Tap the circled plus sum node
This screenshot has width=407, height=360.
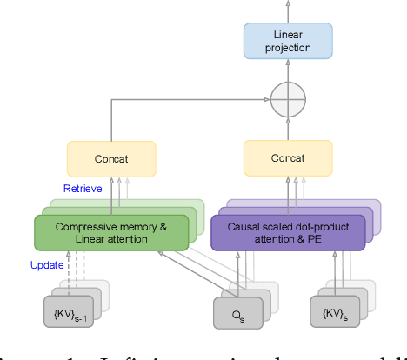(286, 102)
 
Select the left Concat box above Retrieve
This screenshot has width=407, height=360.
(110, 159)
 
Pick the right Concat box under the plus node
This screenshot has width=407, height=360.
(286, 159)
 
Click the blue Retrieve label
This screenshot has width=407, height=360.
(84, 187)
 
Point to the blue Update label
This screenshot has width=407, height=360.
(47, 264)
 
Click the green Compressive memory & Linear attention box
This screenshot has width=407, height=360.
(110, 233)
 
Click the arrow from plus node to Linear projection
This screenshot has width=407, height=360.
(286, 74)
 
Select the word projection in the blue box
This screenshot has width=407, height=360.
(286, 48)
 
